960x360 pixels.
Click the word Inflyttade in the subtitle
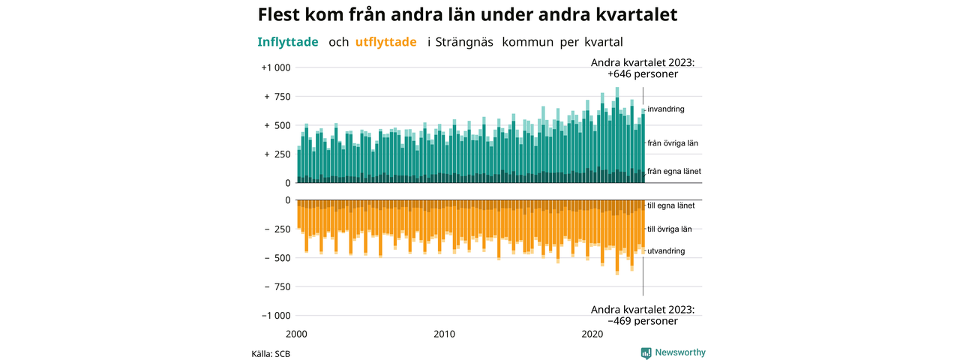(x=287, y=42)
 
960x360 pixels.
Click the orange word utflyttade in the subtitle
(x=385, y=42)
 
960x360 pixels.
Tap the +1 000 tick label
(x=276, y=67)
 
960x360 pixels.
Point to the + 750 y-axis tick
(x=277, y=97)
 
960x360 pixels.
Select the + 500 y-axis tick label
(x=277, y=125)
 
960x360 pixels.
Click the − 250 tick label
(x=277, y=229)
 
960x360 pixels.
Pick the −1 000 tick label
(x=276, y=316)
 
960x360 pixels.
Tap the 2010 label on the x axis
(x=445, y=334)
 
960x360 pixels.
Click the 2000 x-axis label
(x=296, y=334)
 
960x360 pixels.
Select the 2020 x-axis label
(x=592, y=334)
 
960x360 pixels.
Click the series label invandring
(x=665, y=109)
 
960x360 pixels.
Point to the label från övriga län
(x=673, y=143)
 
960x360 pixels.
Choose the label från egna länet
(x=674, y=172)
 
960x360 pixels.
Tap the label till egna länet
(x=670, y=205)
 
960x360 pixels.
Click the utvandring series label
(x=666, y=251)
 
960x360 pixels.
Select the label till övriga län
(x=670, y=229)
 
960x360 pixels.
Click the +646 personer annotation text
(x=643, y=74)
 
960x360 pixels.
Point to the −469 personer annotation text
(x=643, y=322)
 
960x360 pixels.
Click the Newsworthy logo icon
(x=646, y=352)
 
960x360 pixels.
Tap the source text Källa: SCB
(x=271, y=354)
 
